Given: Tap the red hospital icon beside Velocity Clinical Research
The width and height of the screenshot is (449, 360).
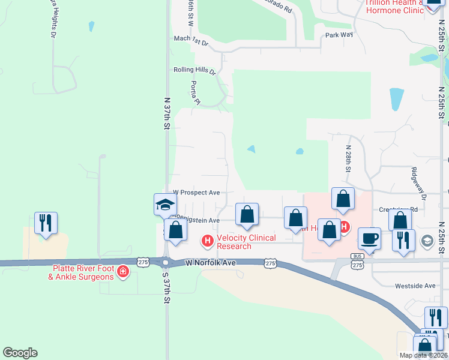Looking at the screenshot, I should [208, 241].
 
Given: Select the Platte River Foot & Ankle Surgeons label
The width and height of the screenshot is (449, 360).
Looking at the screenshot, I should [83, 272].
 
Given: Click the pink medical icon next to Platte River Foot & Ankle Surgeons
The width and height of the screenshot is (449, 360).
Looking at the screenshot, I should [123, 272].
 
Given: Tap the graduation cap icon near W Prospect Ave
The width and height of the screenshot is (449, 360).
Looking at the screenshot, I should [165, 205].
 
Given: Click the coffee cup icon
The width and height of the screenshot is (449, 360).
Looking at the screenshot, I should [370, 238].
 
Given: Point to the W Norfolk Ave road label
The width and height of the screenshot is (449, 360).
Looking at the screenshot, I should [210, 263].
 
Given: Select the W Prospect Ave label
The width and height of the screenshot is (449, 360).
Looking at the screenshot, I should [196, 193].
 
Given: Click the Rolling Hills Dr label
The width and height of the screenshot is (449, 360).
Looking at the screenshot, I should [194, 70].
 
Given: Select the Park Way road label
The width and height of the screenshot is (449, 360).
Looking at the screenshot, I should [339, 35].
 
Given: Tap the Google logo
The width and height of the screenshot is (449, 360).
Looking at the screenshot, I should [20, 353].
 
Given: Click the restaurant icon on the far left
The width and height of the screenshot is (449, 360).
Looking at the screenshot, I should [46, 223].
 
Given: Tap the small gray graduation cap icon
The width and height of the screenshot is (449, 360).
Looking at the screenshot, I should [427, 241].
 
